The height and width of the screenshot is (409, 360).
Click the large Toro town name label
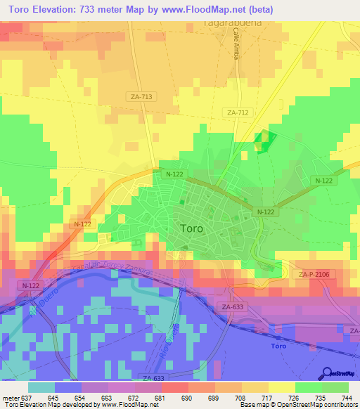tap(192, 228)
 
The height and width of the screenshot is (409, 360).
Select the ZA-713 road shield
tap(142, 97)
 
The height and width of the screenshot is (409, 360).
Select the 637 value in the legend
tap(27, 398)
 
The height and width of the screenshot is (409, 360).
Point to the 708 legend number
tap(238, 398)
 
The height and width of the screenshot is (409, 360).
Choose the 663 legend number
tap(106, 398)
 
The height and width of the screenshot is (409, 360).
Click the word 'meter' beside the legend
tap(10, 398)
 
